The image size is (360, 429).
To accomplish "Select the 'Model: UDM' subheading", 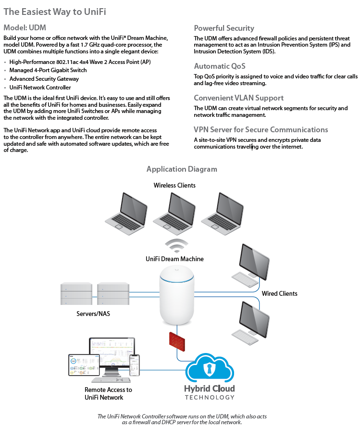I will (25, 28).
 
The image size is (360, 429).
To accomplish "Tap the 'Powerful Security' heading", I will (224, 28).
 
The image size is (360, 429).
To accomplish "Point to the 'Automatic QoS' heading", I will (219, 66).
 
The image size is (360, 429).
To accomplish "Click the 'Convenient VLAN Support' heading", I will (238, 98).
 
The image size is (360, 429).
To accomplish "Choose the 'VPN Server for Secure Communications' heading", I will (261, 129).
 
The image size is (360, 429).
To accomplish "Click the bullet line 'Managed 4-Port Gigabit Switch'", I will (48, 70).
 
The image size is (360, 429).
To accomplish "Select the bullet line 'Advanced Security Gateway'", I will (44, 79).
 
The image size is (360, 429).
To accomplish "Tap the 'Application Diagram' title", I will (182, 169).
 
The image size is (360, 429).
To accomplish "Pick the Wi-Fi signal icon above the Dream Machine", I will (176, 245).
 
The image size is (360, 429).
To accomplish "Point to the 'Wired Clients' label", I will (279, 293).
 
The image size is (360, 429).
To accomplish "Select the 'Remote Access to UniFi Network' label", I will (108, 393).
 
